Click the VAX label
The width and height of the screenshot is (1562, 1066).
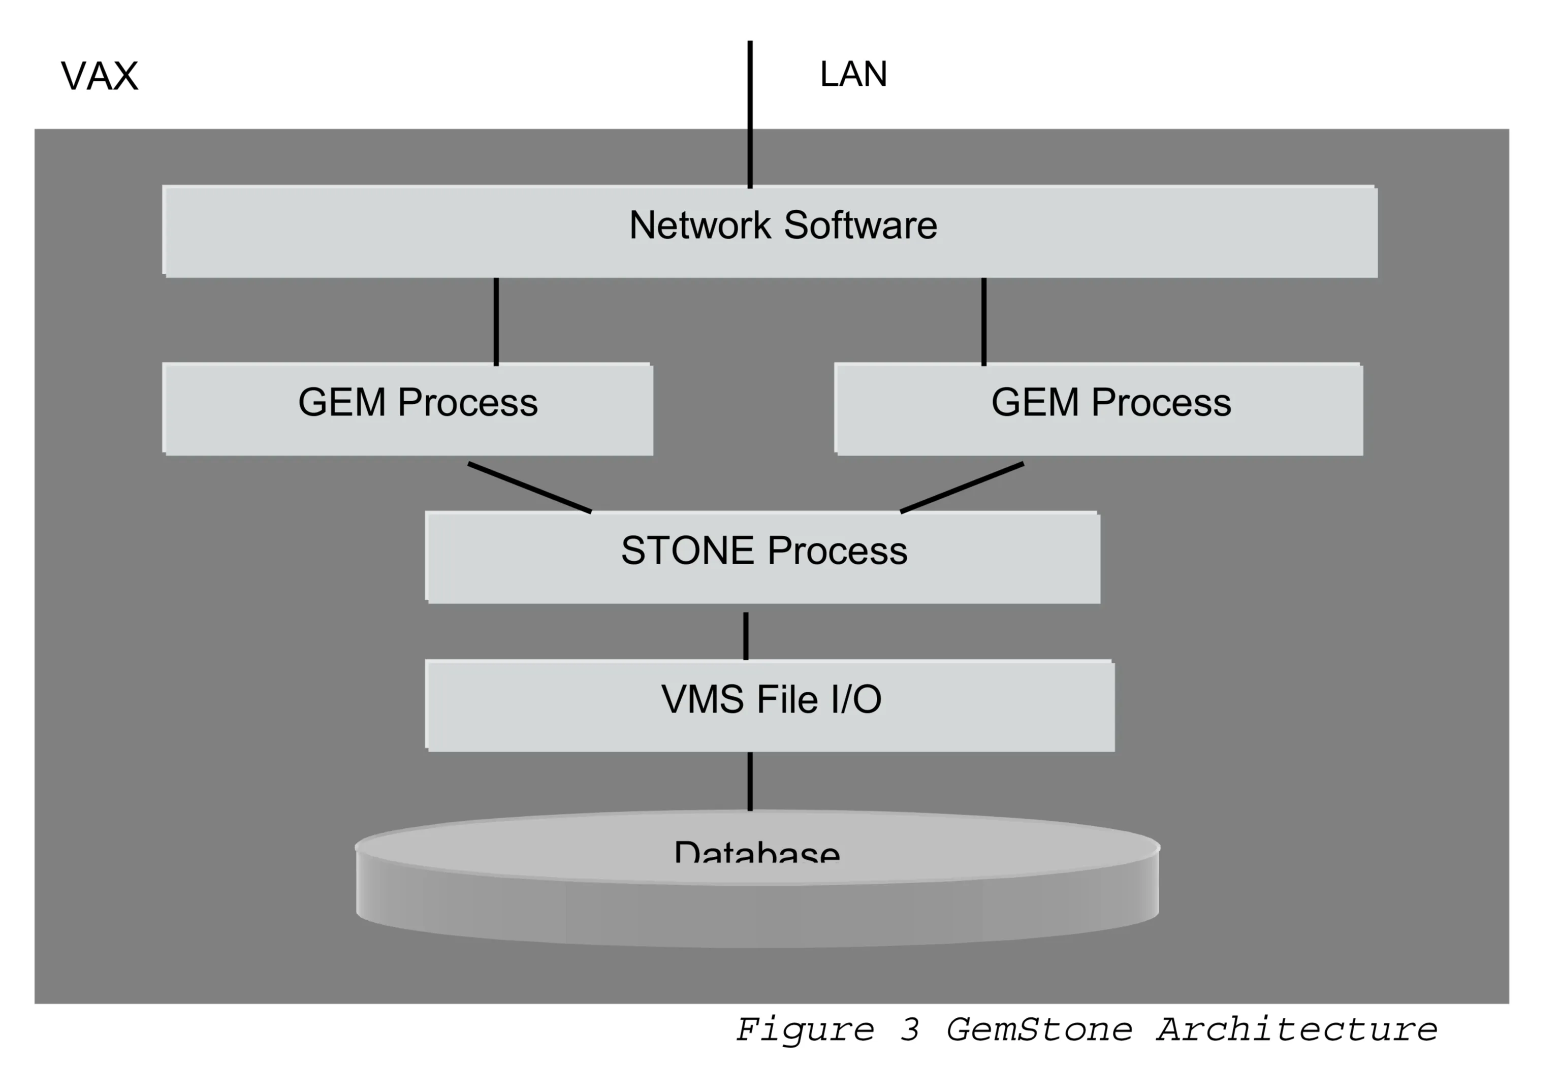tap(100, 76)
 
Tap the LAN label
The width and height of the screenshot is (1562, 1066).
tap(853, 74)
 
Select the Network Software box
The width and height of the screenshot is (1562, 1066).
tap(770, 231)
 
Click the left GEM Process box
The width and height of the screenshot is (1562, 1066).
tap(408, 409)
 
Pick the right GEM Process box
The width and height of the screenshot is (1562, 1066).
tap(1098, 409)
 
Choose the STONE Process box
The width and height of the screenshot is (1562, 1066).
tap(763, 557)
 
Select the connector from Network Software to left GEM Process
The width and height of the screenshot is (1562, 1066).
tap(496, 321)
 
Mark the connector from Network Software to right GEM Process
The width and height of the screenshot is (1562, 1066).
tap(984, 321)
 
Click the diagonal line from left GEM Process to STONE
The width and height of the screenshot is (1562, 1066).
tap(530, 488)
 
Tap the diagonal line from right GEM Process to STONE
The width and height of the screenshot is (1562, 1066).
tap(962, 488)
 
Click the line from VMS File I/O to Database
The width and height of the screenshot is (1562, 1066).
tap(750, 781)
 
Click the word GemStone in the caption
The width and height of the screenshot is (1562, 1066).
tap(1039, 1030)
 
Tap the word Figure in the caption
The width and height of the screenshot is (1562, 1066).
tap(805, 1030)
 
